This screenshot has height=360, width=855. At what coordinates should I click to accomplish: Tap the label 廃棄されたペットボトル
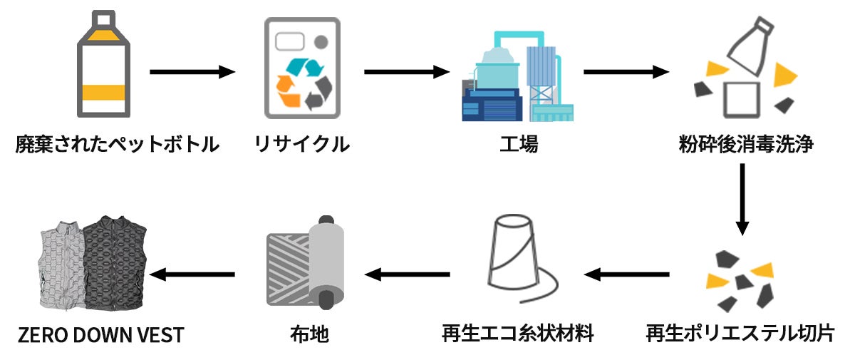[x=116, y=145]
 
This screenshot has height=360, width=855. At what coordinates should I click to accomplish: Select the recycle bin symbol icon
[x=302, y=68]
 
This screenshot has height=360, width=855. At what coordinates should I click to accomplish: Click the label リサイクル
[x=302, y=145]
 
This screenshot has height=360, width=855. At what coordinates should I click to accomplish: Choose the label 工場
[x=518, y=145]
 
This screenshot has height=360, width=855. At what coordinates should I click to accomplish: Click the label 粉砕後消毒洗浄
[x=747, y=145]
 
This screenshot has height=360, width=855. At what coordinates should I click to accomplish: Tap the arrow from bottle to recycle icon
[x=192, y=71]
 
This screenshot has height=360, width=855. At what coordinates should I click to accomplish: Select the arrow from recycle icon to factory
[x=407, y=71]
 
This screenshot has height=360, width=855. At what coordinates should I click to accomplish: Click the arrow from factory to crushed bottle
[x=626, y=71]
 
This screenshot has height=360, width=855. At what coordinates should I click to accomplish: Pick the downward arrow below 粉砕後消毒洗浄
[x=742, y=200]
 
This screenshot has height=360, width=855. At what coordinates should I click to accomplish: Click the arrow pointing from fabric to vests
[x=192, y=274]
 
